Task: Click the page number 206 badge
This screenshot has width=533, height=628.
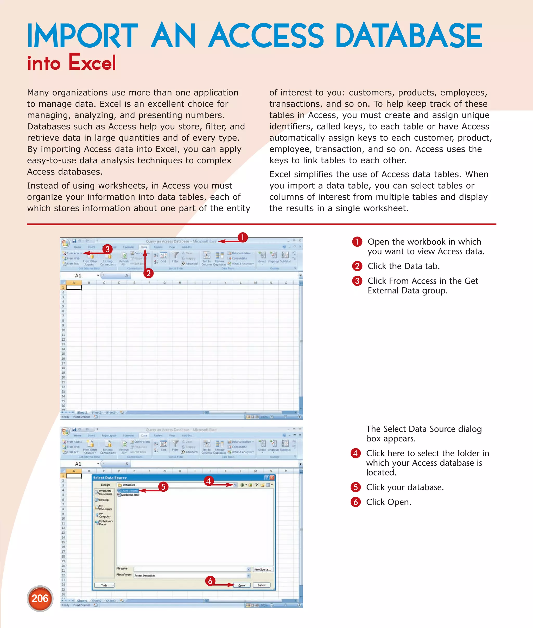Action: (x=40, y=598)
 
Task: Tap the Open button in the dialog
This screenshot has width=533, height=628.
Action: (x=242, y=585)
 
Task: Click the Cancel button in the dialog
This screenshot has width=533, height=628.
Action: (x=261, y=585)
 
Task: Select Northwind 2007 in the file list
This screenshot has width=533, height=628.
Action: (x=130, y=495)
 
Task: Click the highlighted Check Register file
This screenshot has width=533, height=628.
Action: (x=128, y=491)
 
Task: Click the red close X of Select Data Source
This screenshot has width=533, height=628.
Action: (x=272, y=478)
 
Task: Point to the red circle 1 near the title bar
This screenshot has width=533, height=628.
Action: (x=242, y=238)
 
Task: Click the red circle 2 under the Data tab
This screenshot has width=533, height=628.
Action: (x=148, y=273)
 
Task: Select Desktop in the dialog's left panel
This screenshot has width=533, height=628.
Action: (x=104, y=500)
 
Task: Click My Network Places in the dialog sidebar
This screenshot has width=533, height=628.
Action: (x=105, y=523)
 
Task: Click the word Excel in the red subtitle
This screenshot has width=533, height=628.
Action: (x=92, y=62)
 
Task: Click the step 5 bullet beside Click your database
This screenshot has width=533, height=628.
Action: (x=356, y=487)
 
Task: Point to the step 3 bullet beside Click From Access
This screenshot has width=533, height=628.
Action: (x=357, y=281)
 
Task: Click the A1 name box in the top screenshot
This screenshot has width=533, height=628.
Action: (x=79, y=275)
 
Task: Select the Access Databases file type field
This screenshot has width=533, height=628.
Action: (x=190, y=575)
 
